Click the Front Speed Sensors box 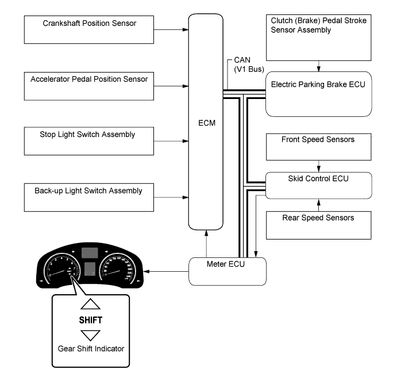[x=318, y=147]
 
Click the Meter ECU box [x=228, y=271]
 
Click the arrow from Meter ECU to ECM [x=206, y=242]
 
